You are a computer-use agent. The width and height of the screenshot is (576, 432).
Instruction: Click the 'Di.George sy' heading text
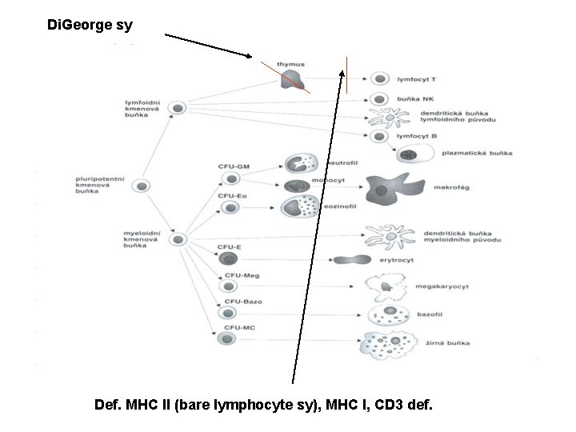tap(90, 25)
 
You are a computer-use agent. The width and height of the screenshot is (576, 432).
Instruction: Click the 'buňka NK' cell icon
tap(380, 99)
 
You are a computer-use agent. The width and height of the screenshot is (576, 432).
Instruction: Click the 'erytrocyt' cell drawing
tap(352, 259)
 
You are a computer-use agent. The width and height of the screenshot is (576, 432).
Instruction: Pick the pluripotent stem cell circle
tap(142, 186)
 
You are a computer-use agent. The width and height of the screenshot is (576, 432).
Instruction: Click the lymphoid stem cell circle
tap(180, 107)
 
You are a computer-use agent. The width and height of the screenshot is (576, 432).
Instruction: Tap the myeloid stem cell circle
tap(180, 239)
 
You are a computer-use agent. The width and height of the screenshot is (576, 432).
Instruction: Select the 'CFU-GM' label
tap(234, 166)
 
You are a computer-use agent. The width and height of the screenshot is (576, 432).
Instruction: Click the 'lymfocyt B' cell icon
tap(380, 137)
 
